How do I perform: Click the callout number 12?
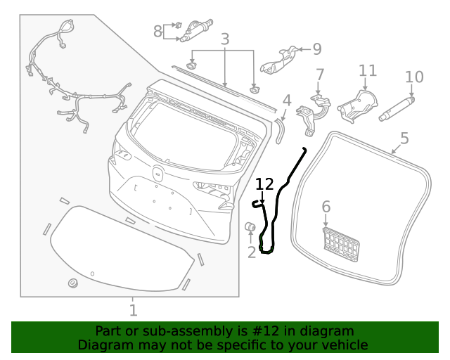click(264, 184)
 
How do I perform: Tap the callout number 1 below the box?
click(133, 309)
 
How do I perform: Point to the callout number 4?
click(404, 138)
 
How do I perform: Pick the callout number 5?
click(326, 207)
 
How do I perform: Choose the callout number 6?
click(320, 75)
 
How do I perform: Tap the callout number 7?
click(157, 31)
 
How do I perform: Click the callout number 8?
click(316, 49)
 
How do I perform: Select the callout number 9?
click(414, 77)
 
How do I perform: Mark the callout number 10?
click(368, 70)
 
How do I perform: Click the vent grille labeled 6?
click(341, 243)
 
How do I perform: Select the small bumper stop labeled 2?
click(250, 226)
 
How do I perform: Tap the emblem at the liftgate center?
click(157, 173)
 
